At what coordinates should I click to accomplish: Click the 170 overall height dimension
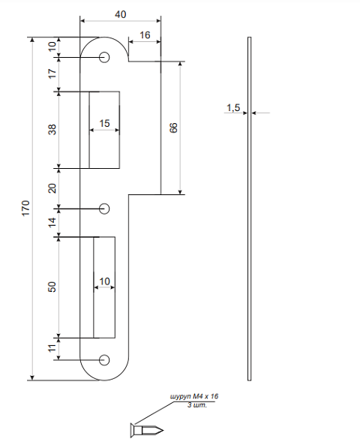click(x=25, y=209)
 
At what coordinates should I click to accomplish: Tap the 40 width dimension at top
click(x=121, y=14)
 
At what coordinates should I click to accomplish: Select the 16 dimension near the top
click(x=145, y=35)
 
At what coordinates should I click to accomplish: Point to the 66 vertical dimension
click(x=173, y=128)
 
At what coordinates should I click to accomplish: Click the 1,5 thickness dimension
click(x=233, y=108)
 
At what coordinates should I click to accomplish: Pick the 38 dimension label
click(x=52, y=130)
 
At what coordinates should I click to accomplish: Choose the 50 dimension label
click(x=52, y=287)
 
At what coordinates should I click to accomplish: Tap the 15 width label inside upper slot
click(x=104, y=123)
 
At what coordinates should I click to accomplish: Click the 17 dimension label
click(x=52, y=74)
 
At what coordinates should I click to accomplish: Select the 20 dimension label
click(x=52, y=188)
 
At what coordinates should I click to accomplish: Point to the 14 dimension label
click(x=52, y=222)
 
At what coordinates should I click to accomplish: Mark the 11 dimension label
click(x=52, y=348)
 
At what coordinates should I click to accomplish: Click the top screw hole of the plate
click(x=104, y=57)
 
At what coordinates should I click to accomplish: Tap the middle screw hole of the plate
click(x=104, y=209)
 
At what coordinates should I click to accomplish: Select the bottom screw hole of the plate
click(x=104, y=360)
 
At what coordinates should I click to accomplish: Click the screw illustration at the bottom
click(x=147, y=430)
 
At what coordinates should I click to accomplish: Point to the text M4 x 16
click(x=205, y=396)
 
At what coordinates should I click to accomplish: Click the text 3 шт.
click(x=197, y=405)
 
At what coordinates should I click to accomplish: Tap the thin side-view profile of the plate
click(x=249, y=209)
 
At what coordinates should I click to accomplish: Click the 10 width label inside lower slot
click(x=104, y=281)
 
